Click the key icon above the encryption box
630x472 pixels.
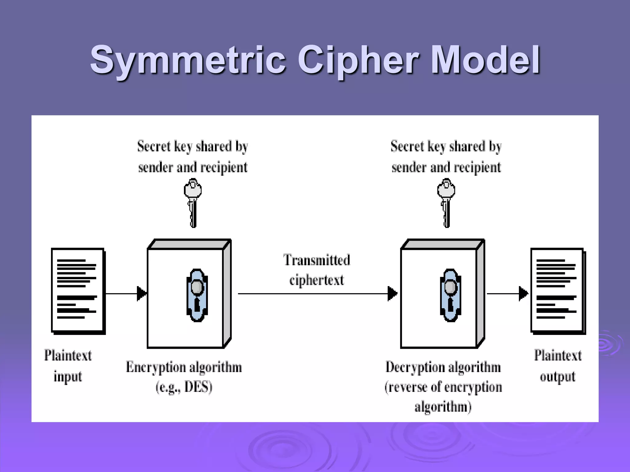[x=193, y=203]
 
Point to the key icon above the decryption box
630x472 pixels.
[x=446, y=203]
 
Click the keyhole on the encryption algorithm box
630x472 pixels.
[x=197, y=295]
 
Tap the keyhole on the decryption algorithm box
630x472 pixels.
[x=450, y=295]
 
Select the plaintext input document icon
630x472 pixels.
[x=78, y=291]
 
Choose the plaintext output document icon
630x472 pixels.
[x=558, y=291]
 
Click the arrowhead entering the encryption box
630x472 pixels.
[x=142, y=293]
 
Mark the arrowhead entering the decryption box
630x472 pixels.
[x=392, y=293]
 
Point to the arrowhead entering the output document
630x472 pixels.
[x=523, y=293]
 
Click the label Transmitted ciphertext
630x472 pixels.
[x=317, y=270]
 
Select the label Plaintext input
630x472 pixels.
[x=68, y=366]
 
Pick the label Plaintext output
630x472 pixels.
[x=558, y=366]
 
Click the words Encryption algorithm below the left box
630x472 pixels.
[x=184, y=367]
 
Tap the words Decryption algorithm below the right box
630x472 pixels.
[x=443, y=367]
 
